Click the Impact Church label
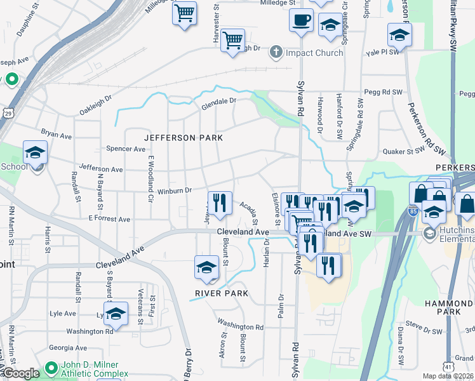[314, 53]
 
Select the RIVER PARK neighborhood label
[218, 293]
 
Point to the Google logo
[21, 373]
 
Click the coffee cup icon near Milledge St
[301, 19]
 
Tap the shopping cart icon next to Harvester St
[233, 41]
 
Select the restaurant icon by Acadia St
[220, 203]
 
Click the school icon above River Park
[206, 269]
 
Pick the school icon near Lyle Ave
[116, 314]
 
